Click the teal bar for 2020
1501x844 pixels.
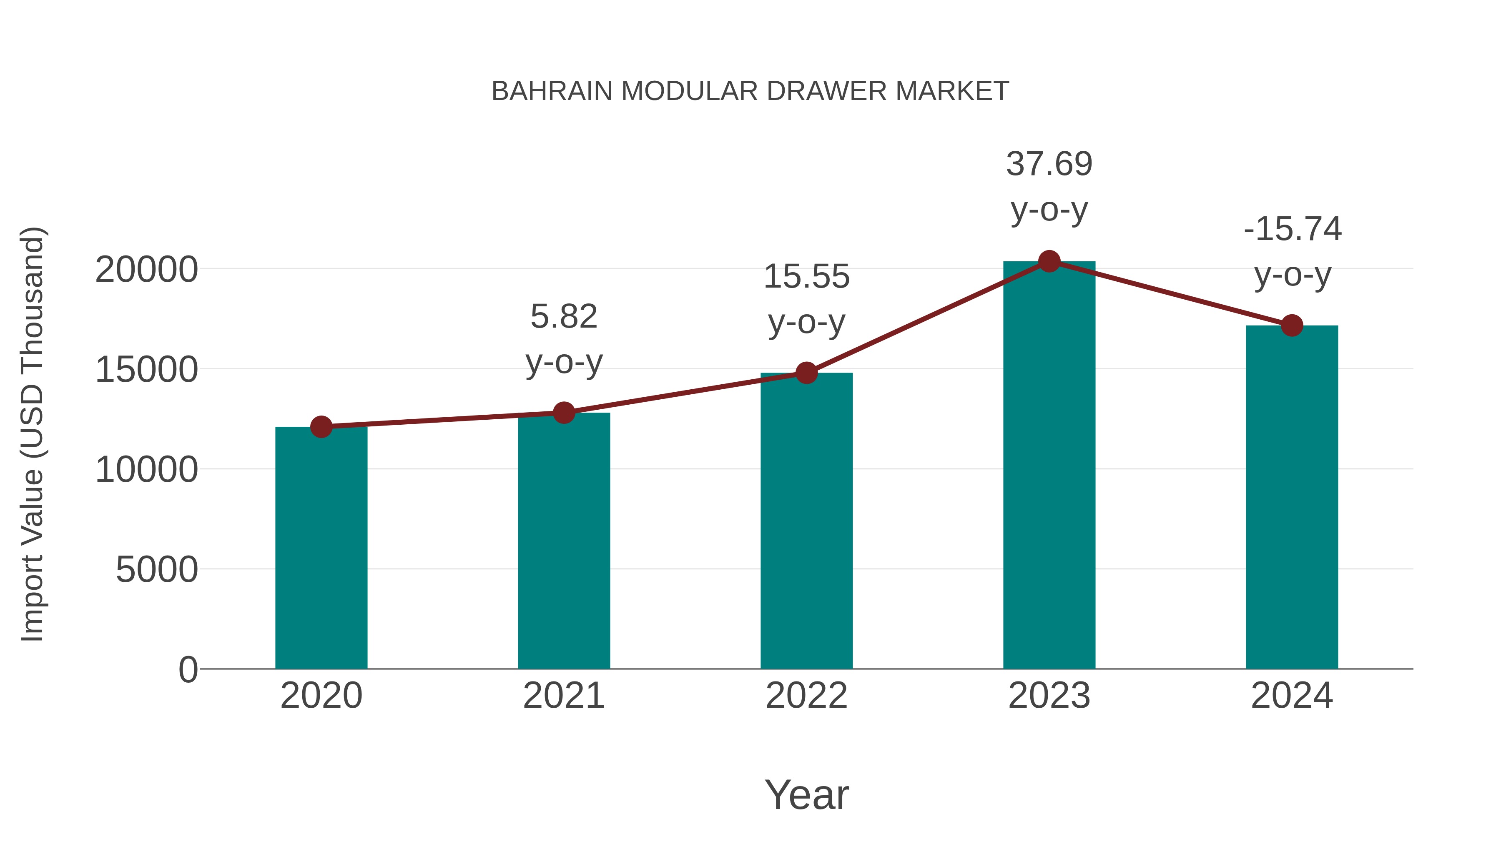coord(321,548)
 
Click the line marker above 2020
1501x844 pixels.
coord(321,427)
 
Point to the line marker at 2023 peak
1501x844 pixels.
coord(1049,261)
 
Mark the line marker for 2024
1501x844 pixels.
coord(1292,326)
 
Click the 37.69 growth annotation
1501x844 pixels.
coord(1049,165)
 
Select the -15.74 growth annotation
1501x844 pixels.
coord(1292,230)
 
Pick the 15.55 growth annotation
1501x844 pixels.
coord(806,277)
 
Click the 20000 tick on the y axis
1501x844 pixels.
coord(146,270)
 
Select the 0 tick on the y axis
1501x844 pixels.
coord(188,669)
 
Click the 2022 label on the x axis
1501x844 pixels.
coord(806,696)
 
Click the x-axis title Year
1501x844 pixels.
coord(806,794)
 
